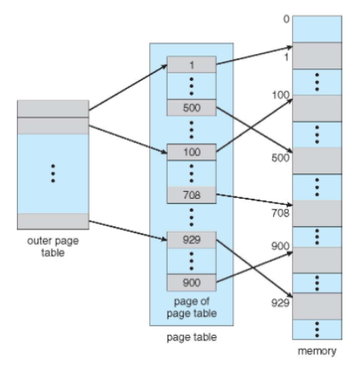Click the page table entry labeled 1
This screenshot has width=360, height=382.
(192, 65)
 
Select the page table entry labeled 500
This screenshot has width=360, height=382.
(192, 108)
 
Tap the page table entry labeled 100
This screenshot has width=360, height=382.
(192, 152)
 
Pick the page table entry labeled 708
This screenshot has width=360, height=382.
(192, 195)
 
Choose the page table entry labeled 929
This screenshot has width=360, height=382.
(192, 240)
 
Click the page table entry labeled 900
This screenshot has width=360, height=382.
(192, 283)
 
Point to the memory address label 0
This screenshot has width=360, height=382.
(286, 19)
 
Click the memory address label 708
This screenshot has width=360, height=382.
(281, 213)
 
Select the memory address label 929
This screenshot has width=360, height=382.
(281, 303)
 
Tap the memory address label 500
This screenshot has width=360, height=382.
(281, 158)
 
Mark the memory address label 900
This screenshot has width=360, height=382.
(281, 246)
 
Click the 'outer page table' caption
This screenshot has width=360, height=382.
(53, 246)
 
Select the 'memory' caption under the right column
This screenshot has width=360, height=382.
(317, 351)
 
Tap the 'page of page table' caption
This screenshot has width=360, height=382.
(192, 307)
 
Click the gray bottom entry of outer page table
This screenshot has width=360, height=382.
(53, 221)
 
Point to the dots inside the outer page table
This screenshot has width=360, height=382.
(53, 173)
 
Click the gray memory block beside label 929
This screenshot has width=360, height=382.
(317, 307)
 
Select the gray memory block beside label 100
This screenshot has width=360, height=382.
(317, 109)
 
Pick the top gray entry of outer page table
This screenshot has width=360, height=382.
(53, 109)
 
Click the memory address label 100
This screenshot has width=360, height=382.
(281, 95)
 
